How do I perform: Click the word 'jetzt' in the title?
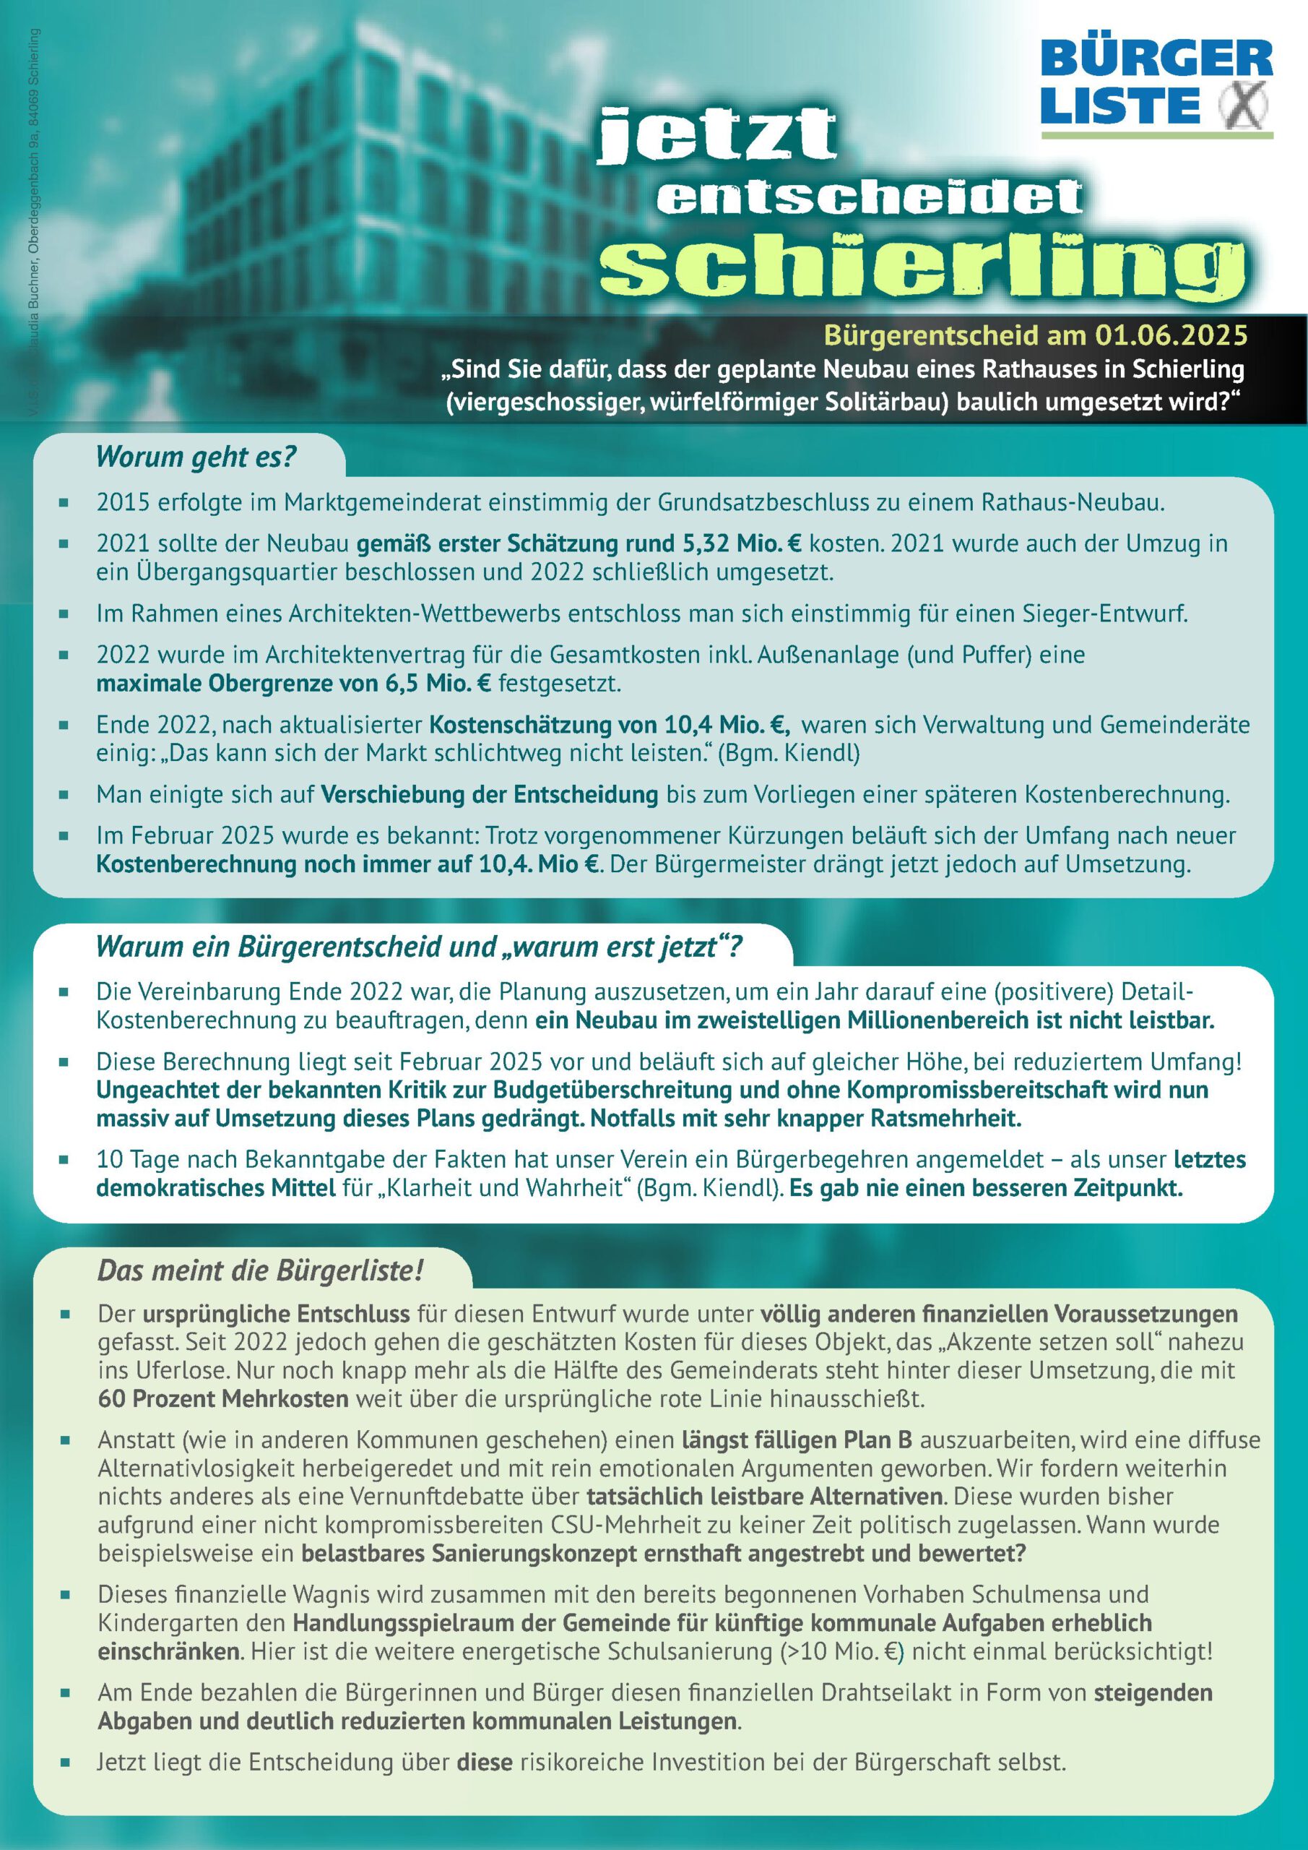pyautogui.click(x=719, y=135)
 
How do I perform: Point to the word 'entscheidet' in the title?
pyautogui.click(x=869, y=197)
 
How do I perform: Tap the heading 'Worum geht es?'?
pyautogui.click(x=196, y=457)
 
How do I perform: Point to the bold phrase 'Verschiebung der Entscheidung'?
pyautogui.click(x=490, y=794)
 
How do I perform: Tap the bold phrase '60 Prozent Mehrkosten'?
pyautogui.click(x=223, y=1398)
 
